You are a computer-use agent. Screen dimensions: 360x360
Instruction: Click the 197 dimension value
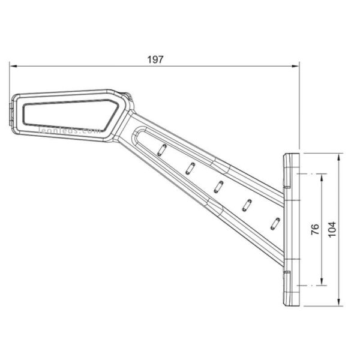point(155,59)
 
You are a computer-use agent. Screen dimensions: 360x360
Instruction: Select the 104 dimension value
point(332,229)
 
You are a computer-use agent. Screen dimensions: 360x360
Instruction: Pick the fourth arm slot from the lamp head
point(247,204)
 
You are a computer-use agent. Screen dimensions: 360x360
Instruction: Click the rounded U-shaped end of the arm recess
point(139,134)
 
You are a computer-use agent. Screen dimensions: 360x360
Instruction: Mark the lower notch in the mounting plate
point(287,275)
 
